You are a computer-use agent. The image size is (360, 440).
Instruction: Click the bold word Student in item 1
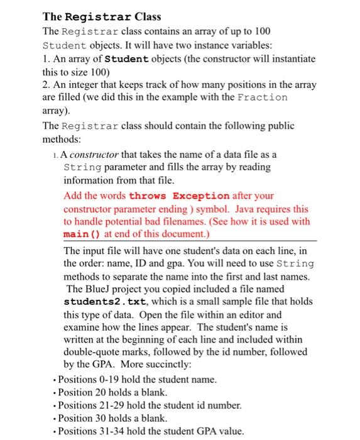click(x=126, y=58)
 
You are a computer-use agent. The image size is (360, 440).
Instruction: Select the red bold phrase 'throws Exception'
click(x=179, y=195)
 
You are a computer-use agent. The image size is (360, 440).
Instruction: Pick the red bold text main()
click(x=82, y=234)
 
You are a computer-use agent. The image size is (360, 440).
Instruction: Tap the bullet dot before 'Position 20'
click(x=54, y=393)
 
